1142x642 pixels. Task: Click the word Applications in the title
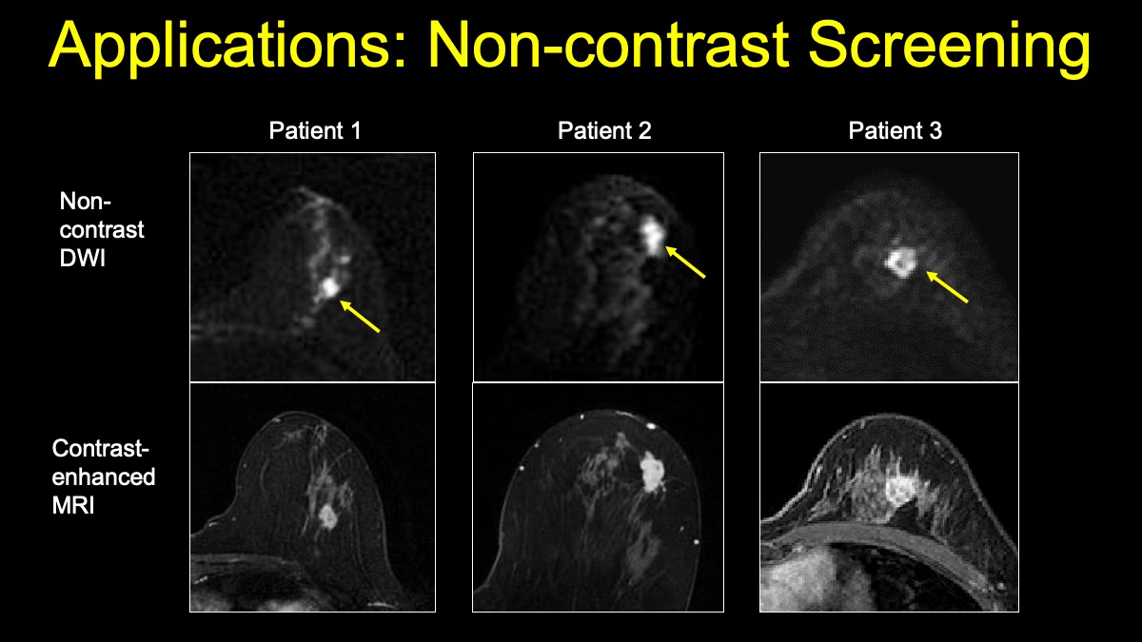(x=222, y=46)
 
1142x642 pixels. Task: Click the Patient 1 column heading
(x=315, y=130)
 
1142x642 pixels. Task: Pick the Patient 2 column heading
(x=604, y=130)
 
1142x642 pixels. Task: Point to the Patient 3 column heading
(x=896, y=130)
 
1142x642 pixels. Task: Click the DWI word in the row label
(x=82, y=259)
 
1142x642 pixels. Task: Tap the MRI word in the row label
(x=73, y=505)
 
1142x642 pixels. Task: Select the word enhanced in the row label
(x=104, y=477)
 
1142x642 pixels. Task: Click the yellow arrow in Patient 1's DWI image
(x=360, y=317)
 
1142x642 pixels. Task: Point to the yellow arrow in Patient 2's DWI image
(x=685, y=262)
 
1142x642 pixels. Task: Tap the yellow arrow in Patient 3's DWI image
(x=947, y=287)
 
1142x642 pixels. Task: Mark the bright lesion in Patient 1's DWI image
(x=329, y=288)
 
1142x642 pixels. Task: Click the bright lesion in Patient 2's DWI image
(x=653, y=235)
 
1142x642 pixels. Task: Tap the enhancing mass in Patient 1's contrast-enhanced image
(x=327, y=516)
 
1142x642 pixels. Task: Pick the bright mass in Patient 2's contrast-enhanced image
(x=652, y=473)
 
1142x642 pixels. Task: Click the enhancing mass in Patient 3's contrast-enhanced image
(x=900, y=490)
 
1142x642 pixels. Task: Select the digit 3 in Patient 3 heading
(x=935, y=130)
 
